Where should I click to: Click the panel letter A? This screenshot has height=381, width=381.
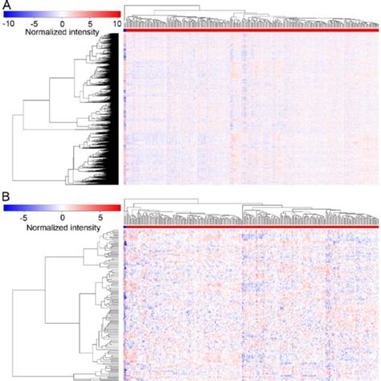click(x=5, y=6)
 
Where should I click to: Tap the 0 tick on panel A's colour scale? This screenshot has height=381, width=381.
click(x=63, y=24)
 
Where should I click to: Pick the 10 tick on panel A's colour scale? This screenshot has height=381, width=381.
click(x=116, y=24)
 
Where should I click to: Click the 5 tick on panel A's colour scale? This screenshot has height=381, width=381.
click(x=91, y=24)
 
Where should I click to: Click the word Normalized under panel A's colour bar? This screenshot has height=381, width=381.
click(x=45, y=34)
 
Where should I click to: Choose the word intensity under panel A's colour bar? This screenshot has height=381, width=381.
click(x=84, y=34)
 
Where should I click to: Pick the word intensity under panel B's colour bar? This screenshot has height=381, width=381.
click(x=84, y=227)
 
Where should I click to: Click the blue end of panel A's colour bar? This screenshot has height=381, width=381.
click(x=8, y=14)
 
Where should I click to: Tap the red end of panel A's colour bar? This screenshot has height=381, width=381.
click(x=117, y=14)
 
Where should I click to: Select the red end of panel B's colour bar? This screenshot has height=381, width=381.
click(x=117, y=207)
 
